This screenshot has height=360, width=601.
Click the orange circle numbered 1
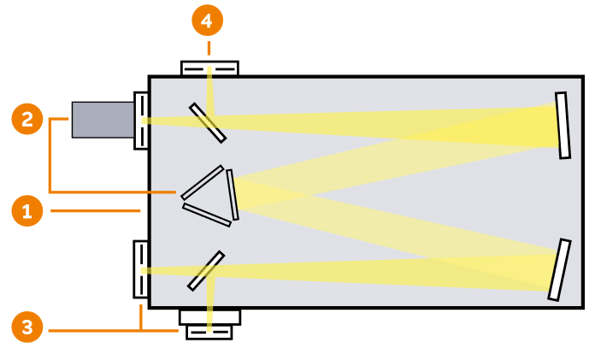(x=27, y=210)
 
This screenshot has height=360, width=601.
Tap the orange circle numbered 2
(x=27, y=119)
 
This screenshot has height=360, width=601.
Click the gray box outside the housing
(x=103, y=119)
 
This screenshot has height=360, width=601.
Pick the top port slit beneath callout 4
(x=209, y=68)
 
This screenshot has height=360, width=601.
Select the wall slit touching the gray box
(x=142, y=119)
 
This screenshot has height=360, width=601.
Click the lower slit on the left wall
(x=141, y=269)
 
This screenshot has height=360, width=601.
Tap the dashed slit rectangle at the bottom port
(x=209, y=332)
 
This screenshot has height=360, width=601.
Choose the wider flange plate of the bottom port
(x=209, y=316)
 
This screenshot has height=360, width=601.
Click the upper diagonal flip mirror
(x=208, y=122)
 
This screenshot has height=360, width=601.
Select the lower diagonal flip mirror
(x=205, y=270)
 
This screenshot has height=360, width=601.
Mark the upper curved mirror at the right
(x=563, y=125)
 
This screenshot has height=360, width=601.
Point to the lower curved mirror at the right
(x=559, y=269)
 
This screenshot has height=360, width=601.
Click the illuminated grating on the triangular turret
(x=233, y=194)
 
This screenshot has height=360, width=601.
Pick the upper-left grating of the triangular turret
(x=203, y=182)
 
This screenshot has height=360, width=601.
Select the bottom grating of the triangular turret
(x=207, y=214)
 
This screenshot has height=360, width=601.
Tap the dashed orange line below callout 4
(x=207, y=47)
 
